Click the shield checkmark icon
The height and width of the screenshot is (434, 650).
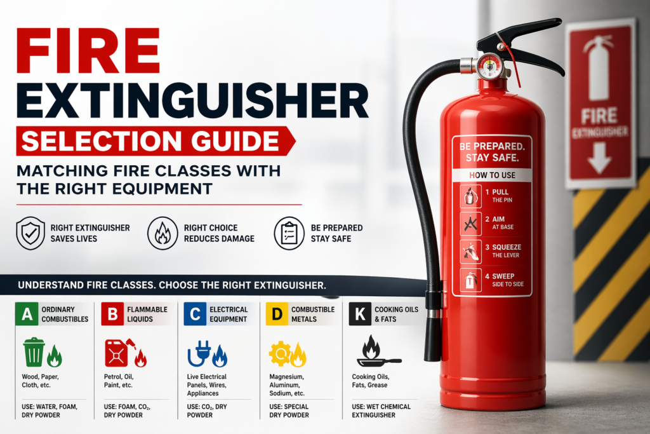[x=30, y=233]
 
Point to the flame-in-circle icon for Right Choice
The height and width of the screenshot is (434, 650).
[x=162, y=233]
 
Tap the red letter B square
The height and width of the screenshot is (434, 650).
[x=112, y=313]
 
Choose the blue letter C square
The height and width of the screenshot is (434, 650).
[x=194, y=313]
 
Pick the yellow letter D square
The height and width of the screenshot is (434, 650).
[x=277, y=313]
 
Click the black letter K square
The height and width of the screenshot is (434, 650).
[x=360, y=313]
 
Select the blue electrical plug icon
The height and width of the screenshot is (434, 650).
[x=201, y=353]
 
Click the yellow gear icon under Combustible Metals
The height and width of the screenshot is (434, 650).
[x=280, y=353]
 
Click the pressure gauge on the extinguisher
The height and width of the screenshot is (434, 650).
[x=489, y=67]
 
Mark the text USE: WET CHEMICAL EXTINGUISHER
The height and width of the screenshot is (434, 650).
[x=381, y=410]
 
